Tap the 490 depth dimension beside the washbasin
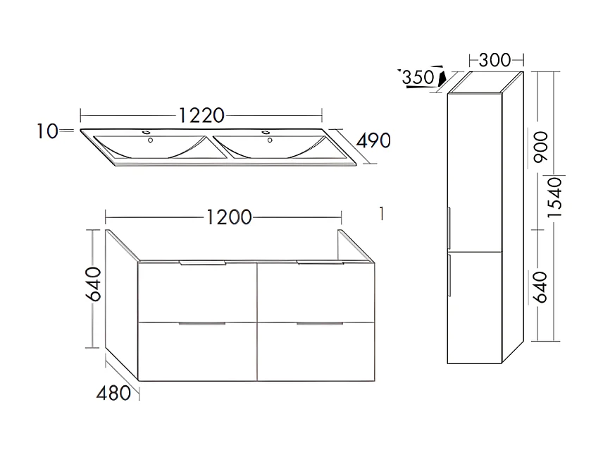pyautogui.click(x=373, y=140)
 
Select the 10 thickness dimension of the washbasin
pyautogui.click(x=48, y=131)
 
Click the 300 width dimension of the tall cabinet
pyautogui.click(x=495, y=60)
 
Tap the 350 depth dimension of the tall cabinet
pyautogui.click(x=418, y=77)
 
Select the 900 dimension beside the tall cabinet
pyautogui.click(x=542, y=146)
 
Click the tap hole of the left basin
pyautogui.click(x=149, y=139)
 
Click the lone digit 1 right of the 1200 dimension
pyautogui.click(x=381, y=213)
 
